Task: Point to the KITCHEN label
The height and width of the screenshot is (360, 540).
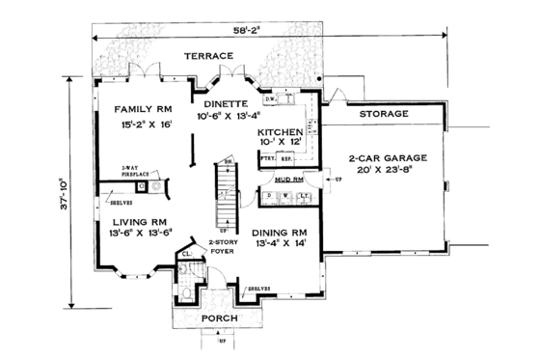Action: [x=282, y=132]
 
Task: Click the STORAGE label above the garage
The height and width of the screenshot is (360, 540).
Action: [x=384, y=115]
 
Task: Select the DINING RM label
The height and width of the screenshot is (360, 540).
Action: [x=281, y=233]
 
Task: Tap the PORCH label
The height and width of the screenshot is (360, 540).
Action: [x=219, y=318]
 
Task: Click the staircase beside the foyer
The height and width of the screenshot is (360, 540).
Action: [x=224, y=194]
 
